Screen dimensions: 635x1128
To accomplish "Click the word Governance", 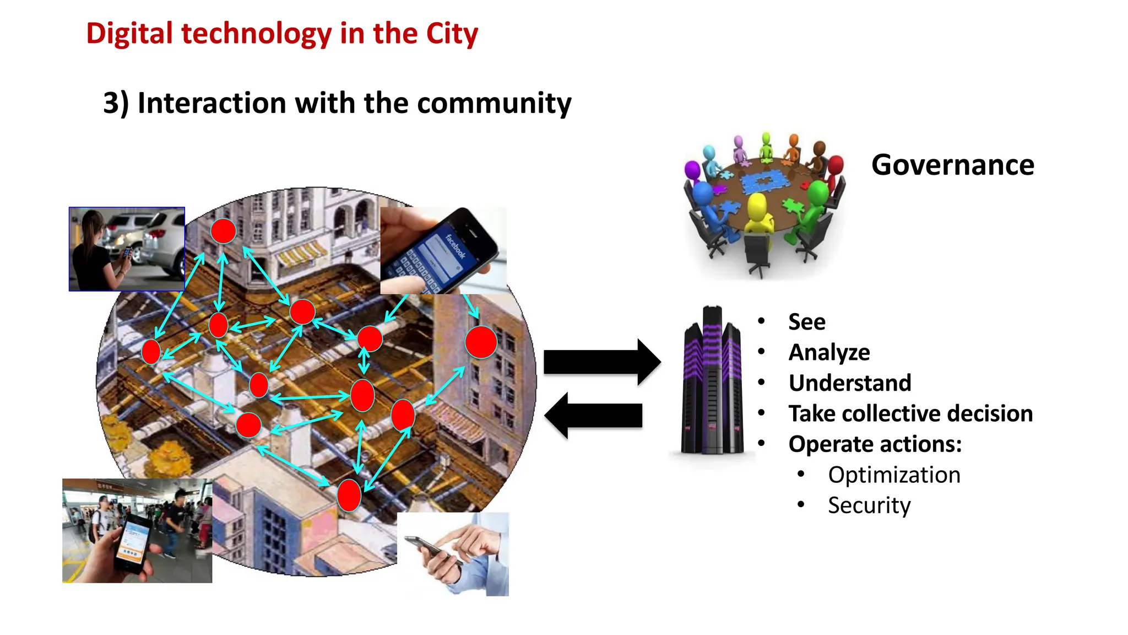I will click(952, 165).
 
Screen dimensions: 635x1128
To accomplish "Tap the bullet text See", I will click(806, 322).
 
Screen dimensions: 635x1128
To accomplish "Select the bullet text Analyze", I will click(829, 352).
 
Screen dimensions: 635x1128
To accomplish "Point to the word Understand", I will click(849, 383).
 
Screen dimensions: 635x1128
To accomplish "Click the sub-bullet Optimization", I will click(894, 475).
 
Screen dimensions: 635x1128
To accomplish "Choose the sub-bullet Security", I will click(869, 505).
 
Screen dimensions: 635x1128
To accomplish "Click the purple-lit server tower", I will click(712, 380).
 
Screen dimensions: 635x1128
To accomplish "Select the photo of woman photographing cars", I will click(127, 249).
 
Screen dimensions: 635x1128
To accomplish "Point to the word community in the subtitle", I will click(493, 103).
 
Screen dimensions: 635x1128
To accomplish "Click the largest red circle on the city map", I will click(481, 342).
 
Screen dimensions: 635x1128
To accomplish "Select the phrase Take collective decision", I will click(910, 413).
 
